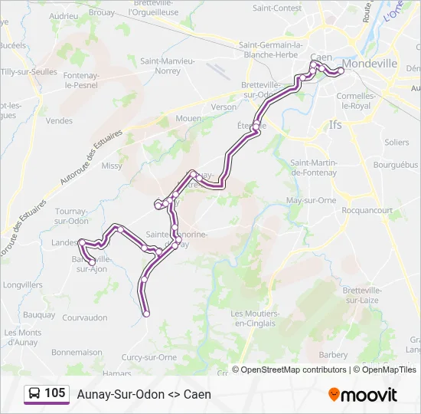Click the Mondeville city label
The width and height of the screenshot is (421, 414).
pos(370,64)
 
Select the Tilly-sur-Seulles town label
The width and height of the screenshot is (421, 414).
pos(29,71)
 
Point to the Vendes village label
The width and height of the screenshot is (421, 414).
pos(59,120)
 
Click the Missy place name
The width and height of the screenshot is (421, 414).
pos(112,166)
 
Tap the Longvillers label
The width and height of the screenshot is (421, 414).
pos(23,284)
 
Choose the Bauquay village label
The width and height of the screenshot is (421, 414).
pos(39,314)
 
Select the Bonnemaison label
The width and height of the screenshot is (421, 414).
pos(77,352)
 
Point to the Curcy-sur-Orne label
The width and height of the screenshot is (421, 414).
pos(150,357)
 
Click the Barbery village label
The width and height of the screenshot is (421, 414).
pos(333,355)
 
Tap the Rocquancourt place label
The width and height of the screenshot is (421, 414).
pos(367,210)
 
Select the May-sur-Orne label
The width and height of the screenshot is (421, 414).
pos(311,200)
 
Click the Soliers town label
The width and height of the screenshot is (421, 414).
pos(397,143)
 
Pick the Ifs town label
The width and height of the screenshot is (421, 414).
pos(335,123)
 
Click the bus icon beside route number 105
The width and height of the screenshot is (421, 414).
pos(35,393)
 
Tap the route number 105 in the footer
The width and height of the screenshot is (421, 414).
pos(55,393)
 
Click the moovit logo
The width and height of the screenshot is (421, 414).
pos(363,394)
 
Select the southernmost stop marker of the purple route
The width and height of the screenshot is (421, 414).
pos(146,313)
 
